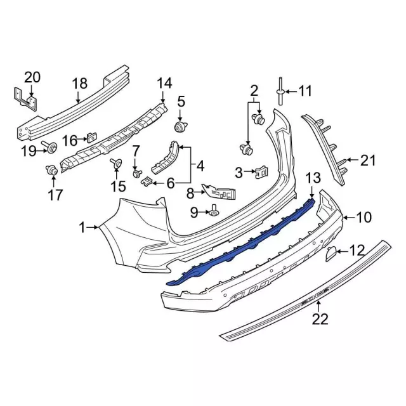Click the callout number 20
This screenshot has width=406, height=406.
pos(32,78)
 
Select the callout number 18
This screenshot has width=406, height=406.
pos(79,83)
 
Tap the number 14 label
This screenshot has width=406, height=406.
pos(164,83)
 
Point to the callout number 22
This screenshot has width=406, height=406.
pos(320,319)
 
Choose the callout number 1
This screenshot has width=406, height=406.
pos(82,226)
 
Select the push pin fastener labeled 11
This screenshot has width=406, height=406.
pos(279,92)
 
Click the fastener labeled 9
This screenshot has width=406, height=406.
pos(214,212)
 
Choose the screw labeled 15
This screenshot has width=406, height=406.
pos(116,164)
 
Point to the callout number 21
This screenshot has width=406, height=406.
pos(369,160)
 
